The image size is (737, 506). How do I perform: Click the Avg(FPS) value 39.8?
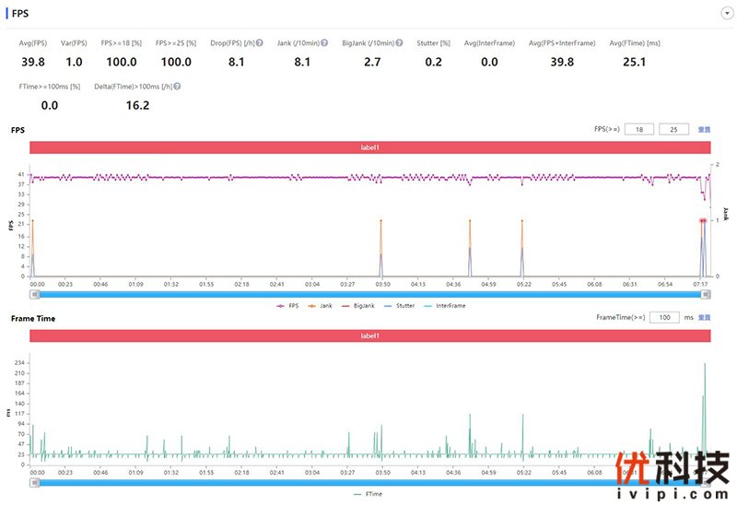tap(33, 62)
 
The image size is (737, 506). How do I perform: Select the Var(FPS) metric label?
tap(74, 43)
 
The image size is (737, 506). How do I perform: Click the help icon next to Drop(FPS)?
tap(260, 43)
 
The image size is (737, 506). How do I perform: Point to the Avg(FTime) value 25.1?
tap(634, 62)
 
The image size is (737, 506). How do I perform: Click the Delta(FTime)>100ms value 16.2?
tap(137, 105)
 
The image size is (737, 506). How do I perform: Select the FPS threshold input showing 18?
tap(639, 130)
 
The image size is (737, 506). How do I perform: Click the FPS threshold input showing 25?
tap(674, 130)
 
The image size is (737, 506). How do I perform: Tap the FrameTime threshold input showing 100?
tap(664, 317)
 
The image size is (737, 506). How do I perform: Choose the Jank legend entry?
tap(322, 305)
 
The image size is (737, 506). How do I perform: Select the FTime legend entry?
tap(369, 494)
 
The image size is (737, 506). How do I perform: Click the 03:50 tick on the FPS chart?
tap(382, 285)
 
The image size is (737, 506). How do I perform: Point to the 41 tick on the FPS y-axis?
tap(22, 174)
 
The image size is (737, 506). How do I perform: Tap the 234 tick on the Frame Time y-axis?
tap(20, 363)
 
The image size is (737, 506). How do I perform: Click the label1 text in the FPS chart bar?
tap(369, 147)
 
